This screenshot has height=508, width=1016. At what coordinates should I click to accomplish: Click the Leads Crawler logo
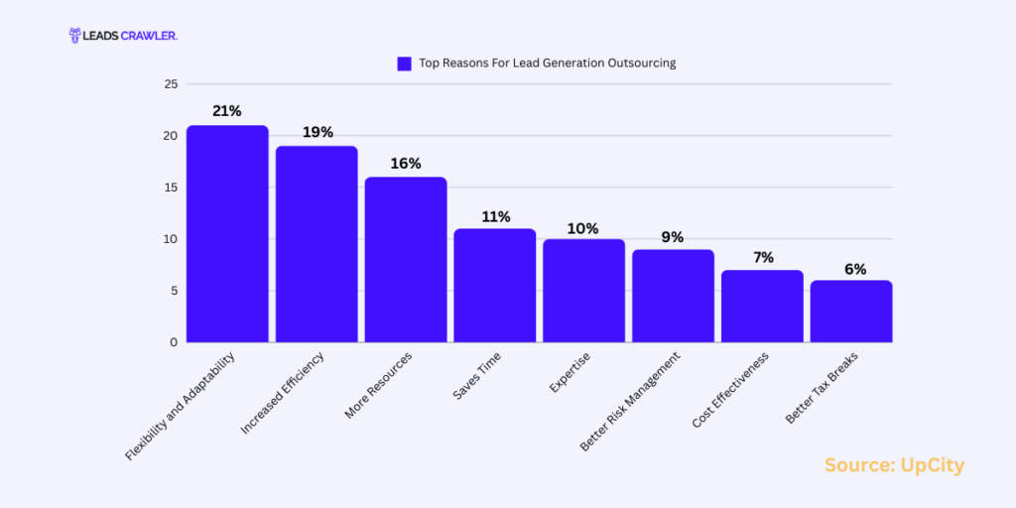pyautogui.click(x=122, y=36)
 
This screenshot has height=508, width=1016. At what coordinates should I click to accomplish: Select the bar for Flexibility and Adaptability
pyautogui.click(x=227, y=234)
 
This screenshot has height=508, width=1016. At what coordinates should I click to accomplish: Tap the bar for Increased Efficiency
pyautogui.click(x=317, y=244)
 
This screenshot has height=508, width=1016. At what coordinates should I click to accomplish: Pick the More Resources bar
pyautogui.click(x=406, y=260)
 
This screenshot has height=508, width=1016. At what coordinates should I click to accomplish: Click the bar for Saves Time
pyautogui.click(x=495, y=286)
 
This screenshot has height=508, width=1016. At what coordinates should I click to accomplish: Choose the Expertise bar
pyautogui.click(x=583, y=291)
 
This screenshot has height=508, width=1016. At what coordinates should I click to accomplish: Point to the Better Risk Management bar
pyautogui.click(x=673, y=296)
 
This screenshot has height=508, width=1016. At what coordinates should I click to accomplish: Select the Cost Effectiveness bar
pyautogui.click(x=762, y=307)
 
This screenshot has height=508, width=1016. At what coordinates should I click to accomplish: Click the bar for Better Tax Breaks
pyautogui.click(x=851, y=312)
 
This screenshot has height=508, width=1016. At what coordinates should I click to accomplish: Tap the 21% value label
pyautogui.click(x=227, y=111)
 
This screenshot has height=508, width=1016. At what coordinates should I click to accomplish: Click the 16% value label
pyautogui.click(x=406, y=163)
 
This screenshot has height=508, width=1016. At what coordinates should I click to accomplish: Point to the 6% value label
pyautogui.click(x=851, y=269)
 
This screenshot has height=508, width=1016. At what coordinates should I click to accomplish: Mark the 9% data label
pyautogui.click(x=673, y=237)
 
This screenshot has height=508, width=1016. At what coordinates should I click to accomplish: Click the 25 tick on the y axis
pyautogui.click(x=171, y=84)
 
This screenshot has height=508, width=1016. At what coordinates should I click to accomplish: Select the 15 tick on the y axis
pyautogui.click(x=171, y=188)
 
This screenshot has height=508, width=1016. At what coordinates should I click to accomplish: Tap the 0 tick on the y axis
pyautogui.click(x=174, y=342)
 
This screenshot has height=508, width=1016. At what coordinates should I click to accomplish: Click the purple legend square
pyautogui.click(x=404, y=63)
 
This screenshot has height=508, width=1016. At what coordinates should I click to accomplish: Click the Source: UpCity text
pyautogui.click(x=894, y=465)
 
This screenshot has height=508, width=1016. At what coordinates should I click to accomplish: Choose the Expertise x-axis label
pyautogui.click(x=571, y=372)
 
